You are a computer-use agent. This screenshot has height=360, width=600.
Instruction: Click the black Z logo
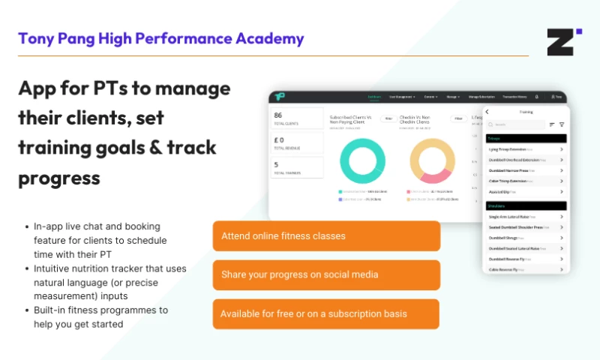click(x=564, y=42)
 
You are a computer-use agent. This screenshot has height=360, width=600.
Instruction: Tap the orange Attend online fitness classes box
click(x=326, y=235)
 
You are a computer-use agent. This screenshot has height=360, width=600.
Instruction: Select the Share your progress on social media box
click(x=326, y=274)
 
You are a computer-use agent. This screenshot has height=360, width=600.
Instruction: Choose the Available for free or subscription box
click(x=326, y=313)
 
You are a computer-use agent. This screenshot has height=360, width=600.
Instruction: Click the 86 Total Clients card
click(x=296, y=118)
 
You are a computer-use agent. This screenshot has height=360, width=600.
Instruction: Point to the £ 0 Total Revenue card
click(x=296, y=142)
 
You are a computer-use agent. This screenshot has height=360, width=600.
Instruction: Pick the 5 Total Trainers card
click(x=296, y=167)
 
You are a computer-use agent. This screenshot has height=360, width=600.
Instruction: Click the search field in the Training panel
click(x=517, y=124)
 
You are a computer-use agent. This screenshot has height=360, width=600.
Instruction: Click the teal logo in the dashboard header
click(x=279, y=97)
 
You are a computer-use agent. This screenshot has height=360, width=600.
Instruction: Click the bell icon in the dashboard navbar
click(x=536, y=97)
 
